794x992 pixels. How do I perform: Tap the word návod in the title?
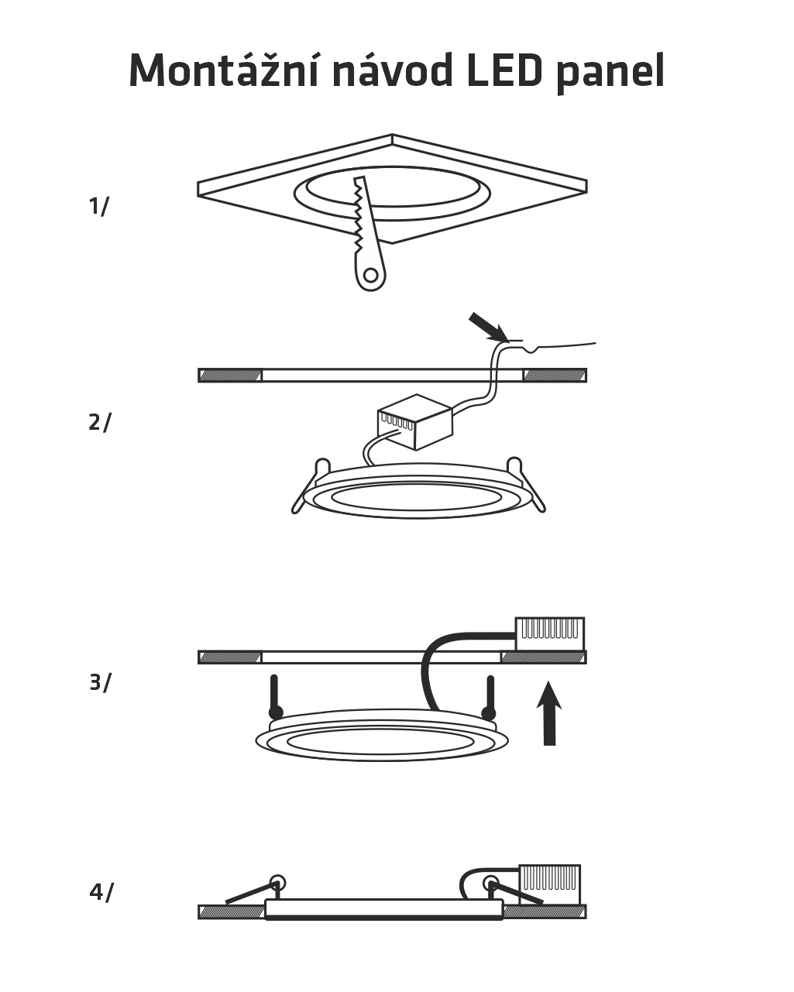tap(393, 71)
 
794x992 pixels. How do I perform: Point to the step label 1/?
tap(99, 207)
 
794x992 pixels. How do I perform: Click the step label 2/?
tap(99, 422)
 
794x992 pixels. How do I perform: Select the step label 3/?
tap(100, 682)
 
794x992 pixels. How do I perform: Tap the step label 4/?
tap(101, 892)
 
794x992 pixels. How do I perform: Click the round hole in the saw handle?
tap(371, 275)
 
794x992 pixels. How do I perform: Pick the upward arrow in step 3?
tap(549, 712)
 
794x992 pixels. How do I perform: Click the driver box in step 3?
tap(549, 633)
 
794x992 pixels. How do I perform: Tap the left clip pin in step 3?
tap(274, 698)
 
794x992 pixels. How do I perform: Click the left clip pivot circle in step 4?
tap(277, 882)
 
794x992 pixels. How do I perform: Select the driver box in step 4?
tap(549, 879)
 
